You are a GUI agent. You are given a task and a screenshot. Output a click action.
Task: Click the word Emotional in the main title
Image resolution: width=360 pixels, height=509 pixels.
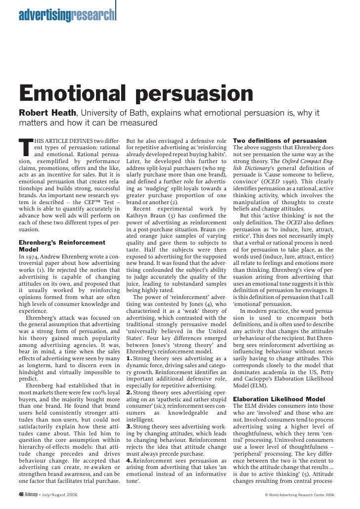(66, 93)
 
